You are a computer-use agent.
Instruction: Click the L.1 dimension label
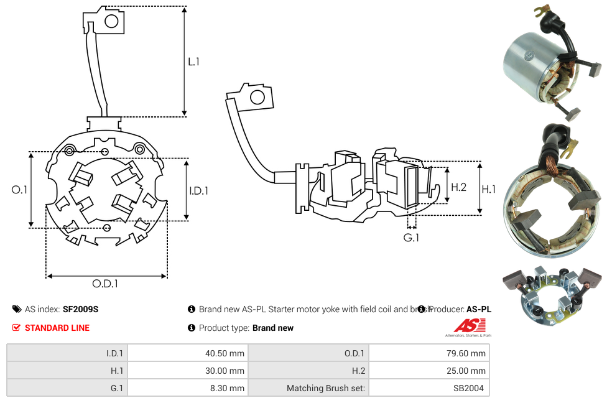pyautogui.click(x=193, y=62)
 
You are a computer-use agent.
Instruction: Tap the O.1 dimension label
pyautogui.click(x=19, y=190)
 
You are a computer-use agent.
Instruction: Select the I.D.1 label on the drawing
pyautogui.click(x=198, y=191)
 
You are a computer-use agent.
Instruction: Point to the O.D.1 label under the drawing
pyautogui.click(x=105, y=284)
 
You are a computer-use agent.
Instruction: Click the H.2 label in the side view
pyautogui.click(x=458, y=187)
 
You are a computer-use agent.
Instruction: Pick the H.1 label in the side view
pyautogui.click(x=489, y=189)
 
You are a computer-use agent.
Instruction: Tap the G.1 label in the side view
pyautogui.click(x=411, y=238)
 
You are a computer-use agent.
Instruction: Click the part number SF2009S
pyautogui.click(x=80, y=309)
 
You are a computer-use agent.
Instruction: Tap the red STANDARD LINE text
pyautogui.click(x=57, y=328)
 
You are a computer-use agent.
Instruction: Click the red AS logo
pyautogui.click(x=469, y=325)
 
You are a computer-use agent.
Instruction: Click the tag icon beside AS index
pyautogui.click(x=17, y=309)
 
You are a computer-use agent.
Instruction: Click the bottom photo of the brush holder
pyautogui.click(x=552, y=296)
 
